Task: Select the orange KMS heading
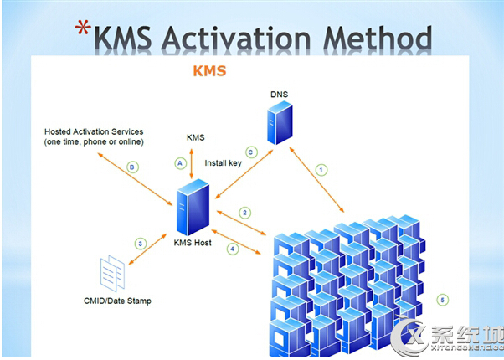click(x=209, y=71)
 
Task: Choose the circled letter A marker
click(x=178, y=162)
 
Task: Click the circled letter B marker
click(x=131, y=167)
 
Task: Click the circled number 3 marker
click(x=140, y=244)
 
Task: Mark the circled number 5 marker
click(x=443, y=299)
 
